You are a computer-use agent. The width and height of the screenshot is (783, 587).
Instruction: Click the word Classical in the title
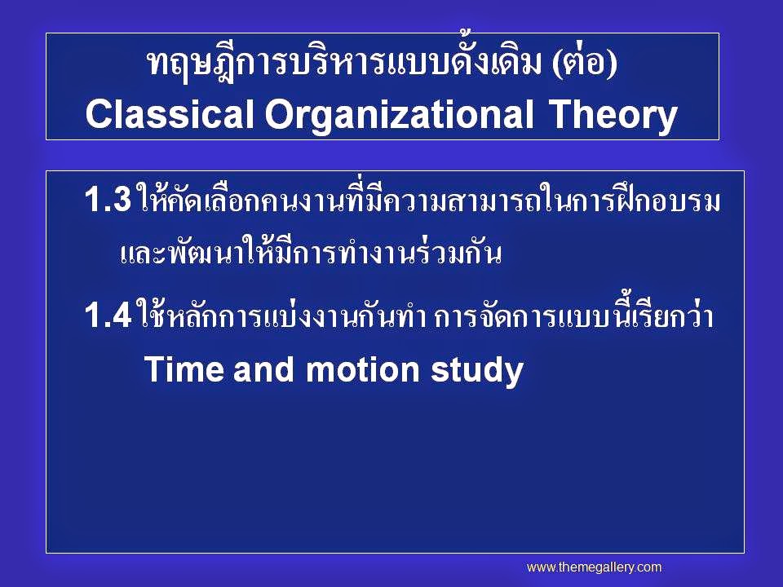pyautogui.click(x=170, y=114)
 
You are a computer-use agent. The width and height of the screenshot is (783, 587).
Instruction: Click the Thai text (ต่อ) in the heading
pyautogui.click(x=585, y=64)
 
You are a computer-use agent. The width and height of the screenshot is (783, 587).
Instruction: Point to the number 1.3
pyautogui.click(x=108, y=200)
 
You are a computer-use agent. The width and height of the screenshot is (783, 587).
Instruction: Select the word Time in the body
pyautogui.click(x=184, y=369)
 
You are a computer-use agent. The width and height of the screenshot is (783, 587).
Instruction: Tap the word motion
pyautogui.click(x=362, y=369)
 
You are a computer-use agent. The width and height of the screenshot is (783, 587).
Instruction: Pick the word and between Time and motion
pyautogui.click(x=263, y=369)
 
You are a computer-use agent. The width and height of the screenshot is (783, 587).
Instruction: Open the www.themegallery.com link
pyautogui.click(x=595, y=567)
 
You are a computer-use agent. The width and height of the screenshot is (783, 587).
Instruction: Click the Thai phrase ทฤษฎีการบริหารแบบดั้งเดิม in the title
pyautogui.click(x=344, y=63)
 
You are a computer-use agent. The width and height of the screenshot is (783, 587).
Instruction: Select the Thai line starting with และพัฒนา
pyautogui.click(x=311, y=252)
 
